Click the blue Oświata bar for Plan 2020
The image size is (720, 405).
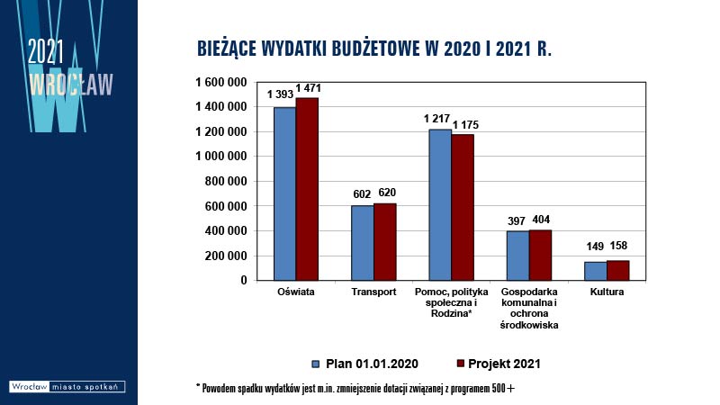point(284,193)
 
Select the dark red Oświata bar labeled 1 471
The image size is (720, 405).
point(307,189)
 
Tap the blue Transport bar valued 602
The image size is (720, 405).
point(363,243)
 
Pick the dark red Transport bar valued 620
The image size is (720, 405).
point(385,241)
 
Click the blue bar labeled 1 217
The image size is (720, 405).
point(440,205)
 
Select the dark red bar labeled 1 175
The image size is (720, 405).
point(463,207)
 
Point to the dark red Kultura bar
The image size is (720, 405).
point(618,271)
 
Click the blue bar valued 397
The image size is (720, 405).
point(517,256)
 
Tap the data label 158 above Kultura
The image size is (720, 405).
point(618,246)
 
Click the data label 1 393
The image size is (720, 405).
point(280,94)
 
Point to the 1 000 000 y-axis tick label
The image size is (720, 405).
point(221,157)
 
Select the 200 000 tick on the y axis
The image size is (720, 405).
point(226,256)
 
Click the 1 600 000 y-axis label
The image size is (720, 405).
point(221,82)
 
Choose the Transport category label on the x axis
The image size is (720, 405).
point(373,292)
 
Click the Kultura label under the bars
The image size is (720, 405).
point(607,292)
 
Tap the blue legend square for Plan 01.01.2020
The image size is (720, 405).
point(316,364)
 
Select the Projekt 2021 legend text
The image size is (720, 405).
point(504,364)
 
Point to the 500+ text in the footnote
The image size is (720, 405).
point(503,389)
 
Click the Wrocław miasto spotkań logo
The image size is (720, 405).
point(67,387)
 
